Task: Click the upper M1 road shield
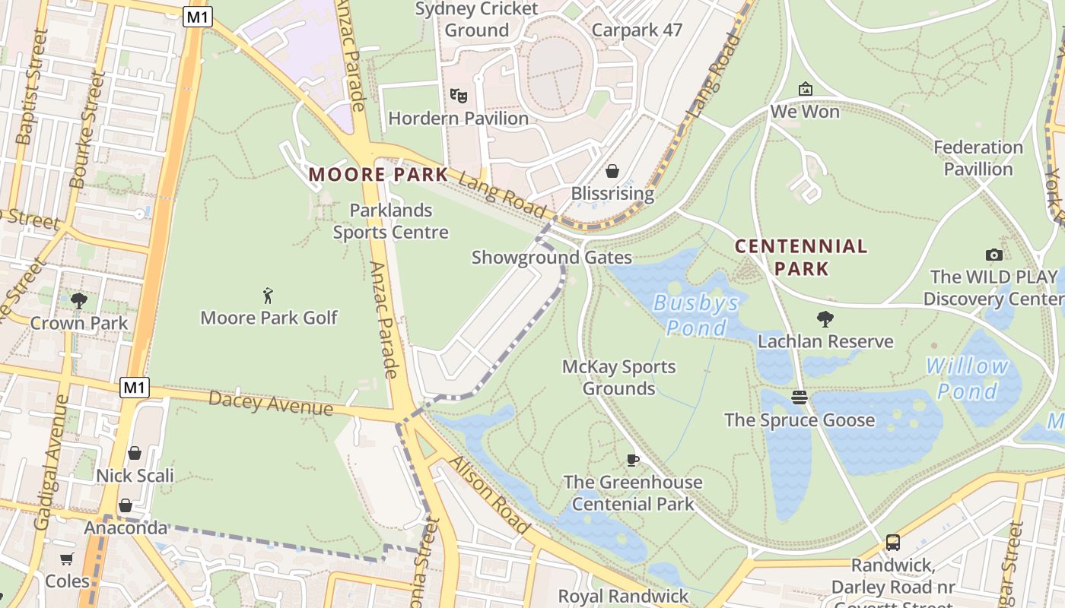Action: pos(197,17)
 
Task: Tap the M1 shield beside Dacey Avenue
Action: pos(134,388)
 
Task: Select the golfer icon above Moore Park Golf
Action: pos(268,296)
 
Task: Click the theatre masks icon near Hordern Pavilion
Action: pos(458,96)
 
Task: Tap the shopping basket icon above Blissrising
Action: pos(612,171)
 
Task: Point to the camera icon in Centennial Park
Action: pos(993,255)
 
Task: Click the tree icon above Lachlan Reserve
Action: pos(825,318)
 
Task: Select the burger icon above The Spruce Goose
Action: pos(799,397)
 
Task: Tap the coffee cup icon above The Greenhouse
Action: pos(632,459)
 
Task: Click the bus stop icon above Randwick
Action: pos(892,543)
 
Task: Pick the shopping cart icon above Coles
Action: pos(67,559)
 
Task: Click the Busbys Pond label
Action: pos(696,315)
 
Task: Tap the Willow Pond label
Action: pos(967,378)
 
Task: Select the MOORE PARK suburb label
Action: pos(378,175)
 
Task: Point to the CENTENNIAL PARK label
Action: pos(800,257)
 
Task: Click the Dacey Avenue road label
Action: pos(270,403)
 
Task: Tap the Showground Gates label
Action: pos(552,258)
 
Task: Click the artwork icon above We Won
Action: pos(805,90)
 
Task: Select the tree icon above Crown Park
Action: pos(78,300)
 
